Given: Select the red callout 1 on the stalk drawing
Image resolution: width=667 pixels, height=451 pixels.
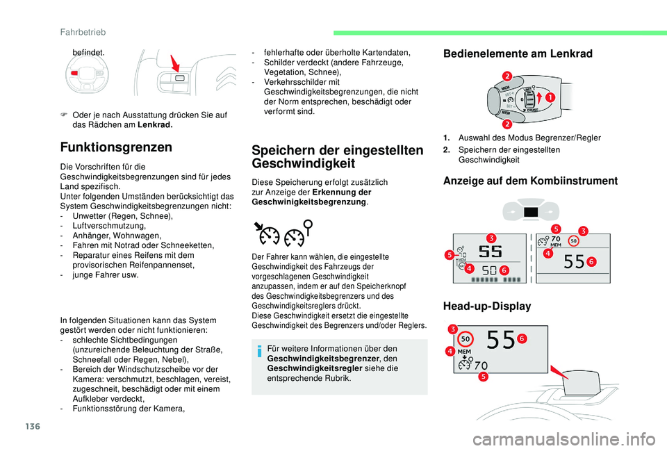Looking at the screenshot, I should point(549,97).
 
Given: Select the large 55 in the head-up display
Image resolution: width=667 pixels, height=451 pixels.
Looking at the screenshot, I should point(499,341).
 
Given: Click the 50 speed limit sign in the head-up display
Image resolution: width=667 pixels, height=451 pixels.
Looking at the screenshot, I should point(466,338).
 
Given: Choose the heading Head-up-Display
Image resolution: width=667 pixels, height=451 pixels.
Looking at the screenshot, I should point(486,306).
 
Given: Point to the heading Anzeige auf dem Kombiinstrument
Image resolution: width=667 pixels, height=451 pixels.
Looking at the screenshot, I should point(530,181).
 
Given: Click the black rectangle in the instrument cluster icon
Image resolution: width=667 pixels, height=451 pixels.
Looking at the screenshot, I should point(532,213).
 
